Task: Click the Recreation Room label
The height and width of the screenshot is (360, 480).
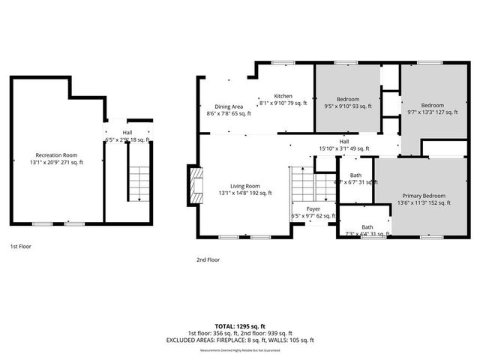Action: [x=57, y=154]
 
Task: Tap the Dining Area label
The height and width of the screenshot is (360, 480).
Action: [x=229, y=106]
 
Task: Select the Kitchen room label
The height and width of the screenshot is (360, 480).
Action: [x=283, y=96]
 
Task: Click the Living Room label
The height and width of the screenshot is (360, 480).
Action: [x=244, y=186]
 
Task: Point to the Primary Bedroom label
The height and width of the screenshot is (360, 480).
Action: [x=424, y=195]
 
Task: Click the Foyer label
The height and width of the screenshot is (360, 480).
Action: [x=313, y=209]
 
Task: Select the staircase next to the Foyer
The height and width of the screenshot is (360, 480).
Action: [x=303, y=184]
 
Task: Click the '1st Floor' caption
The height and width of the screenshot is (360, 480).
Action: [x=20, y=246]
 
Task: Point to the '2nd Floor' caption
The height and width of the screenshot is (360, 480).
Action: [x=208, y=259]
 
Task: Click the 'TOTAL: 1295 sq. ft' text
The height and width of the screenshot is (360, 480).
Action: [x=240, y=326]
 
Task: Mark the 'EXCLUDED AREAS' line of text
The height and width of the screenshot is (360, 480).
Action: [x=240, y=340]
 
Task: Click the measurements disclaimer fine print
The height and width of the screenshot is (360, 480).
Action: [x=240, y=350]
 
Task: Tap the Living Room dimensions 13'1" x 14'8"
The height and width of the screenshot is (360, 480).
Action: [x=244, y=193]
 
